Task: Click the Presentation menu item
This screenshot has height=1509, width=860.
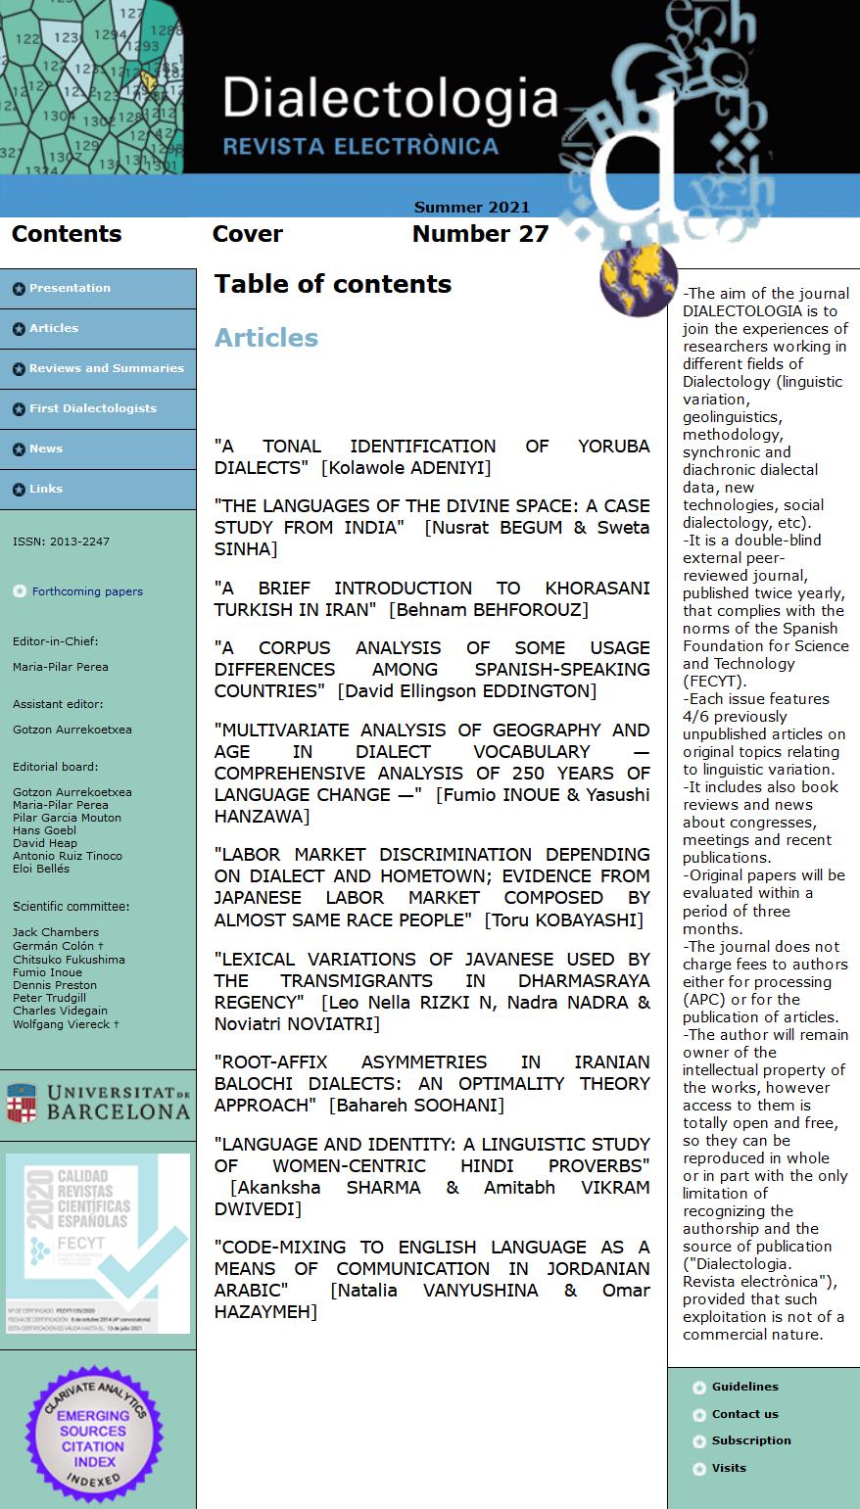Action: point(70,288)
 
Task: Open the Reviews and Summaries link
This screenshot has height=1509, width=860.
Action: point(106,368)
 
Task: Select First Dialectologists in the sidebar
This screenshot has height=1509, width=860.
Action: point(92,408)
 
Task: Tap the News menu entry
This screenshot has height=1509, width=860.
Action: point(45,448)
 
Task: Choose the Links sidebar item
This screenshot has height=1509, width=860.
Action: point(45,489)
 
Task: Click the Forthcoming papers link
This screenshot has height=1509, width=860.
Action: point(87,591)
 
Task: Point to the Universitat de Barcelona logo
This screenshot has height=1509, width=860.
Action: point(98,1103)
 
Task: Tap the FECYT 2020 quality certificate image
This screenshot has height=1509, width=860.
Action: point(98,1243)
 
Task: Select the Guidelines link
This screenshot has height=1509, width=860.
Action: point(744,1387)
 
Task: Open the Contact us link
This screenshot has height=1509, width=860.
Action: point(744,1414)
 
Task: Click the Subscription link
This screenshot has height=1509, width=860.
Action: point(751,1440)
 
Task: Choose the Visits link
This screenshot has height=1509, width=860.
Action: point(729,1468)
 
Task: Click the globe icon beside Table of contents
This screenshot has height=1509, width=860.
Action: point(638,280)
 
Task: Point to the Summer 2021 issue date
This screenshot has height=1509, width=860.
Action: point(471,208)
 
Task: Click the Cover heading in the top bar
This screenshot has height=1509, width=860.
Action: point(247,234)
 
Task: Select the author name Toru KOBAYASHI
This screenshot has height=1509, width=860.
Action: point(564,920)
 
